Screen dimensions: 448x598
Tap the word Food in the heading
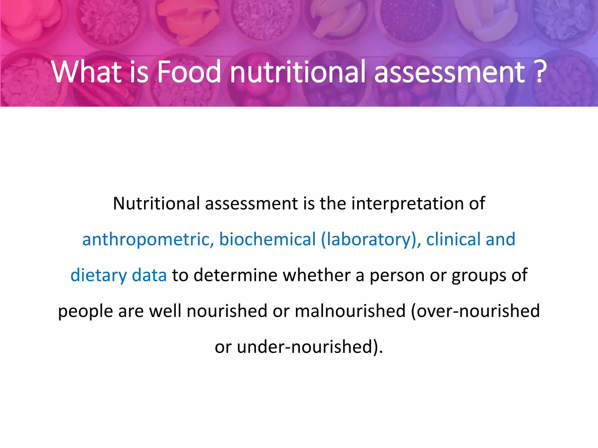pyautogui.click(x=189, y=72)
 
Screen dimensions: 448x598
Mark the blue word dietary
pyautogui.click(x=99, y=276)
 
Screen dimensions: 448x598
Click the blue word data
pyautogui.click(x=149, y=275)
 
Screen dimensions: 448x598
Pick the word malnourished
pyautogui.click(x=350, y=311)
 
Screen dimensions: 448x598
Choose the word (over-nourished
pyautogui.click(x=475, y=311)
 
